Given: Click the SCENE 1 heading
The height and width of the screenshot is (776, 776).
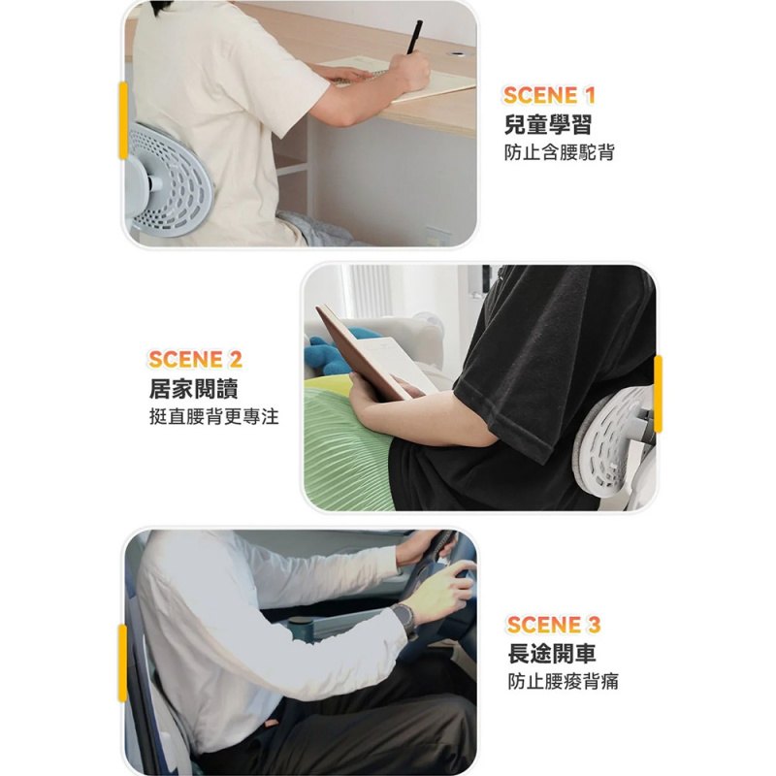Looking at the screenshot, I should point(549,95).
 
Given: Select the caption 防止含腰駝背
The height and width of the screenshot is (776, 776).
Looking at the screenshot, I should point(560,152).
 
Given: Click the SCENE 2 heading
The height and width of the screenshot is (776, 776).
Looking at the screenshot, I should point(194,360).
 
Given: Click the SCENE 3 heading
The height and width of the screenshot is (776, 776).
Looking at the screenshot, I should point(554,624).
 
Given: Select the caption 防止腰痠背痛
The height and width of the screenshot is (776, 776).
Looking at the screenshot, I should point(564,681).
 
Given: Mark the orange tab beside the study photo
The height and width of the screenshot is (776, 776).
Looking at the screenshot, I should point(123,120).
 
